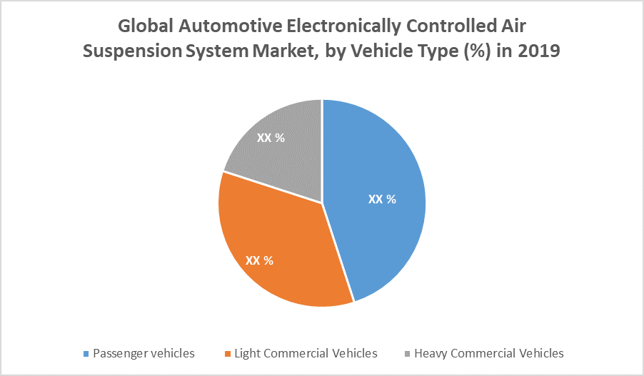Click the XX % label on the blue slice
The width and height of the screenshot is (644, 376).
coord(382,200)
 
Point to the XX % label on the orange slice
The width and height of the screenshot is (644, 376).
coord(259,260)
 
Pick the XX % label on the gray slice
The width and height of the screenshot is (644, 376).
coord(271,138)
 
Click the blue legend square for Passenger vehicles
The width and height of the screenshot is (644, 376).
coord(86,354)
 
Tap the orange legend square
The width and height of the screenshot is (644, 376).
coord(228,354)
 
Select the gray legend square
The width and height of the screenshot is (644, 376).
coord(408,354)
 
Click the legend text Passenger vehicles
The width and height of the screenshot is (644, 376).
coord(144,353)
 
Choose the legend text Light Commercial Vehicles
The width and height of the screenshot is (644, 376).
coord(306,353)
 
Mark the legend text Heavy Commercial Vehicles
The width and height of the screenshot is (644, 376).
coord(489,353)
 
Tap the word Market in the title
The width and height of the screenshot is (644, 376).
coord(281,52)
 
